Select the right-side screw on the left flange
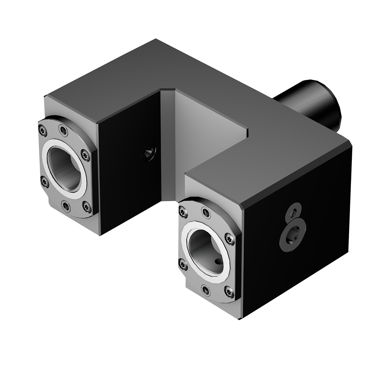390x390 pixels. coord(85,156)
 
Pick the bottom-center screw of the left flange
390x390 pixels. coord(66,206)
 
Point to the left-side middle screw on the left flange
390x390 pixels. coord(44,181)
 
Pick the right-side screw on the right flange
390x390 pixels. coord(230,239)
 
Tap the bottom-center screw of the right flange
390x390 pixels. coord(206,290)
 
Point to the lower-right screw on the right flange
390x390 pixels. coord(229,291)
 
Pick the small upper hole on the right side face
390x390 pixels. coord(293,212)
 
